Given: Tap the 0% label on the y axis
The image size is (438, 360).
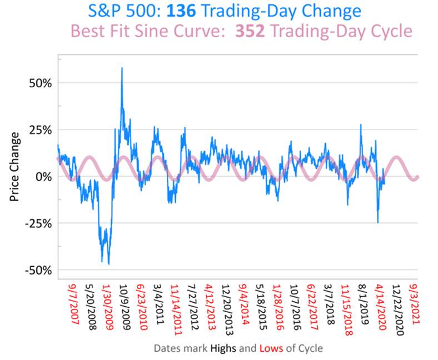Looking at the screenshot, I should coord(43,176).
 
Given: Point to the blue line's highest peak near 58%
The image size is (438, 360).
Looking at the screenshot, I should coord(122,68).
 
